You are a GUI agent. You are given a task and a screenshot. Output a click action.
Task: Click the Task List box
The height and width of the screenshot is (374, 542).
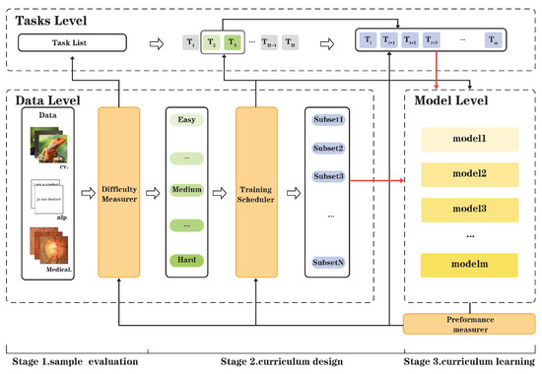(74, 42)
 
